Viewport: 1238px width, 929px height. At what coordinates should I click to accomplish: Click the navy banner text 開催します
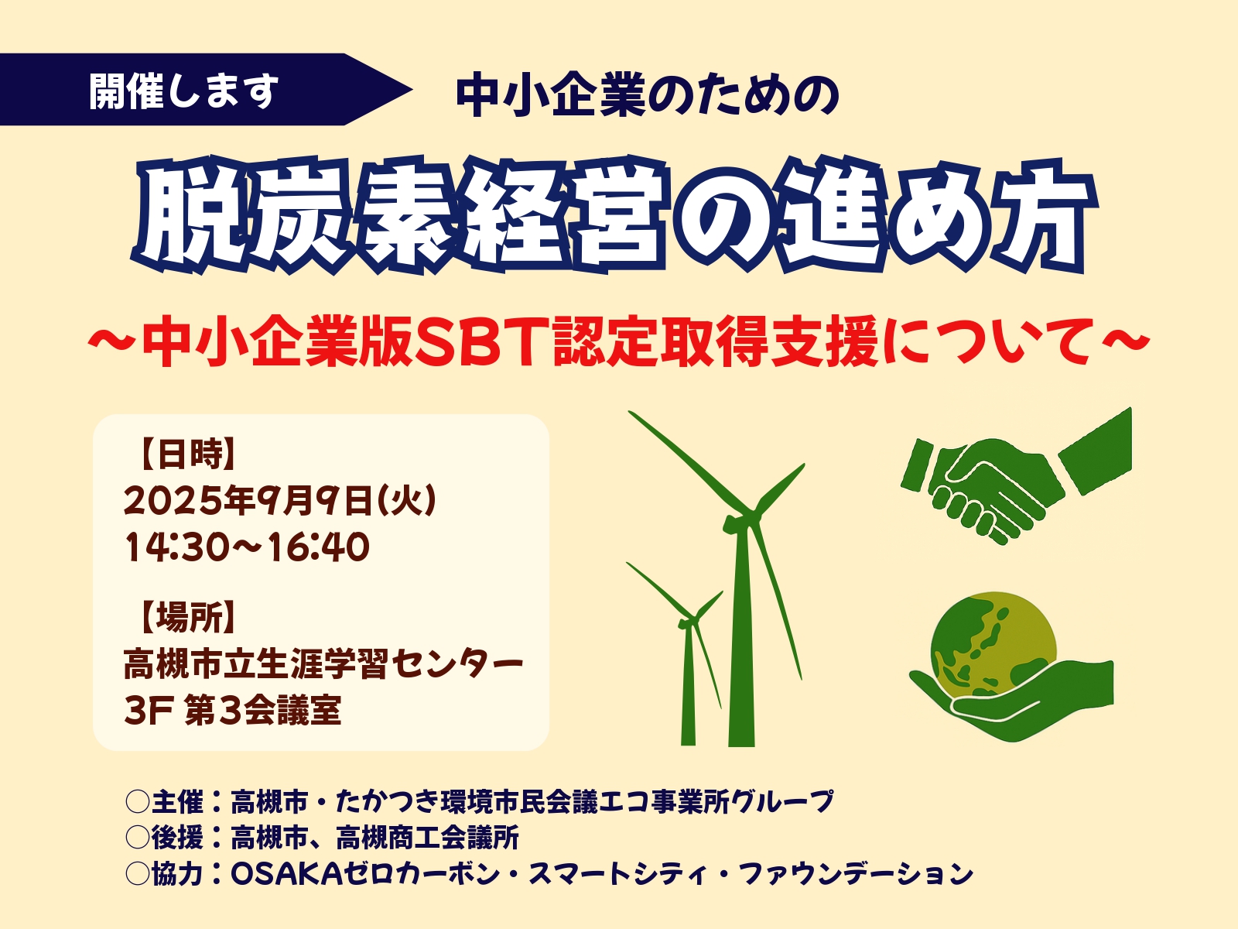(x=184, y=91)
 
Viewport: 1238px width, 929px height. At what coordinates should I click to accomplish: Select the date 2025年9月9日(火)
(x=280, y=500)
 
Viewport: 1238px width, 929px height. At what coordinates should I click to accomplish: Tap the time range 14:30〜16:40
(x=247, y=547)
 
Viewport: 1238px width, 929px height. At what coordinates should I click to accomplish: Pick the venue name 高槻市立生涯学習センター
(x=323, y=663)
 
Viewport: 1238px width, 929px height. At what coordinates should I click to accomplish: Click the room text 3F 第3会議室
(x=232, y=710)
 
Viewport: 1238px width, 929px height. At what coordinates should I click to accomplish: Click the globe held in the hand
(x=993, y=643)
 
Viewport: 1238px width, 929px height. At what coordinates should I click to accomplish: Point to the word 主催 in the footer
(x=177, y=801)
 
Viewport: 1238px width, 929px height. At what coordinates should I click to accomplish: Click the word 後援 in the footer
(x=177, y=838)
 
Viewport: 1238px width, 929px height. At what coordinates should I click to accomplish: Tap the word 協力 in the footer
(x=177, y=874)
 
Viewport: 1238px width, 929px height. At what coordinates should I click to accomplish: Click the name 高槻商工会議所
(x=428, y=838)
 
